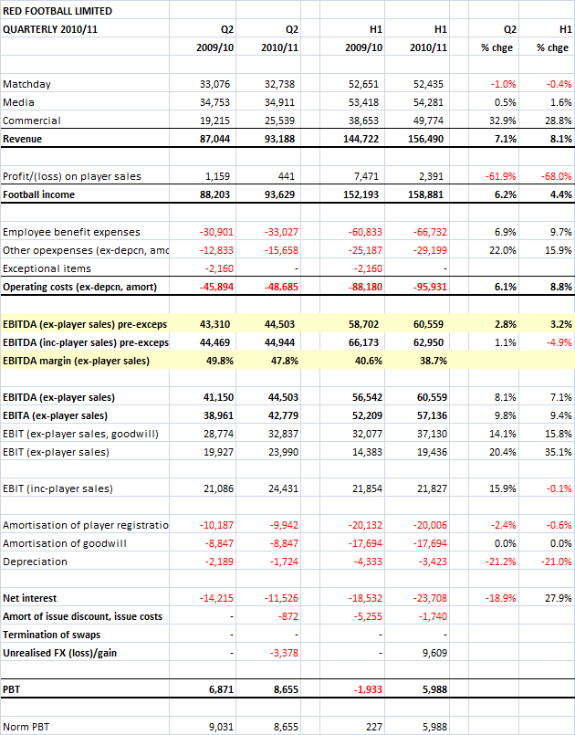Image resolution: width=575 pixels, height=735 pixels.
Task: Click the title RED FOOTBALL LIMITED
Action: pos(57,11)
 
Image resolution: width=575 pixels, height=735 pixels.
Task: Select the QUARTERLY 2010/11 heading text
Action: pos(52,28)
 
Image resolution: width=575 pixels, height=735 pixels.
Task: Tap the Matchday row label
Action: pos(26,84)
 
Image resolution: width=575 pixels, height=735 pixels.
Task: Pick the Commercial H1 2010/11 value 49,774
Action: pos(429,121)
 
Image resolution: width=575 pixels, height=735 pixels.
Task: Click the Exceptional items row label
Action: pos(47,268)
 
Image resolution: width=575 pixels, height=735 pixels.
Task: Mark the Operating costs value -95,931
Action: pos(427,287)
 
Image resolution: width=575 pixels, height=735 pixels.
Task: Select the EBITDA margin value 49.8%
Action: pos(217,361)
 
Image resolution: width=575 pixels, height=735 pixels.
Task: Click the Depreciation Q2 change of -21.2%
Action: pos(499,562)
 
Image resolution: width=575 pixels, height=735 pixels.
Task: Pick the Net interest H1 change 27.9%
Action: pos(557,598)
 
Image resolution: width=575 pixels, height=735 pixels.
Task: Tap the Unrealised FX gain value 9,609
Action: pos(433,653)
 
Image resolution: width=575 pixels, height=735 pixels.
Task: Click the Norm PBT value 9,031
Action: pos(217,726)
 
